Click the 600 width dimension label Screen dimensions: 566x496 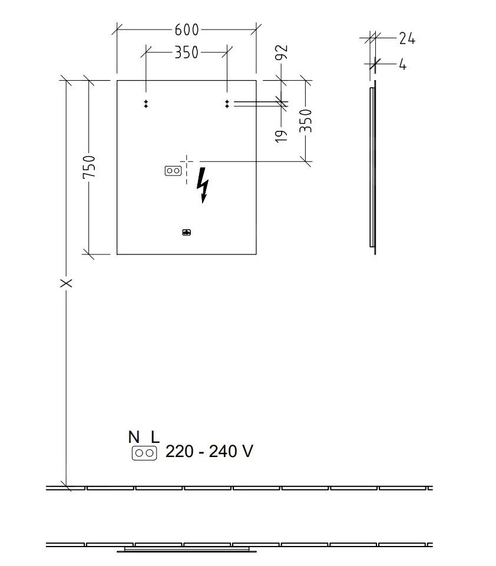pos(187,29)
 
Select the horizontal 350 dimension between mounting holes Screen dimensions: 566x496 pos(186,52)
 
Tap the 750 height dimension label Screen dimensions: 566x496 pos(89,167)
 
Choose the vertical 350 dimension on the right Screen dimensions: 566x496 pos(306,121)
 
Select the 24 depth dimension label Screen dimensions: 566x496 pos(406,39)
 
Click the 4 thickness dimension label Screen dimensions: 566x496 pos(402,64)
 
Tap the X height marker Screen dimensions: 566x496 pos(67,283)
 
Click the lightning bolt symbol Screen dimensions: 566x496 pos(203,185)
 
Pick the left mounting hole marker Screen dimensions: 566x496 pos(146,104)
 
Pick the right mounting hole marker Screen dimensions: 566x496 pos(227,104)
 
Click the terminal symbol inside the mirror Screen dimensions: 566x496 pos(173,171)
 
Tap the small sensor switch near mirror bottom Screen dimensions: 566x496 pos(187,233)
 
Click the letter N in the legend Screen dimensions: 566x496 pos(134,437)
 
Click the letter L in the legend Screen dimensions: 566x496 pos(155,437)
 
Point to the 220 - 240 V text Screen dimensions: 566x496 pos(209,452)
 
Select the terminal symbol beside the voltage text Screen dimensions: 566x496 pos(144,453)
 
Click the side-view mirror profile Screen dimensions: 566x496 pos(372,168)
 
